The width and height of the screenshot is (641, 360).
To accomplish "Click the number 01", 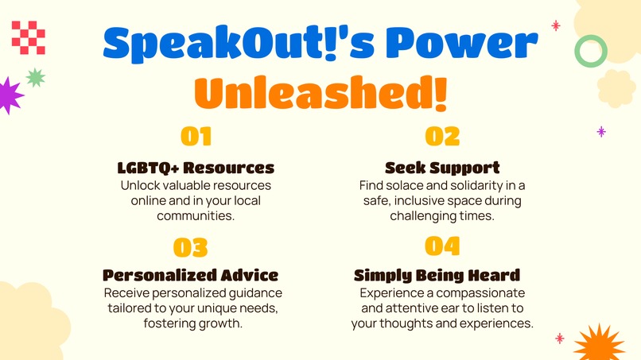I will coord(196,137).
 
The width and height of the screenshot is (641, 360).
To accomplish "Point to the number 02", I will coord(442,137).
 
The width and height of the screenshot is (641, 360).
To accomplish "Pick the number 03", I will coord(191,248).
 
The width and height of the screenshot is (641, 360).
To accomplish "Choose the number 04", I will coord(442,246).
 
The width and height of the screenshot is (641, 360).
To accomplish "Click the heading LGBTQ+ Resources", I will coord(196,168).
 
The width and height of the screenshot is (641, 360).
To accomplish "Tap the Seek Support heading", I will coord(442,168).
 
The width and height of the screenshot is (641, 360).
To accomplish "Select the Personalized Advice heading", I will coord(191,276).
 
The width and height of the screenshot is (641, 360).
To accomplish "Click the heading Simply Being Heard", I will coord(437,276).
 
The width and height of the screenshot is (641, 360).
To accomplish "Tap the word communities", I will coord(196,215).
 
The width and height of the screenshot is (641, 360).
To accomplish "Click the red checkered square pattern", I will coord(29,37).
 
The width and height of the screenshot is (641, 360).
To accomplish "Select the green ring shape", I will coord(591,51).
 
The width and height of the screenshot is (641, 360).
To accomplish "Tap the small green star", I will coord(36,77).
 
